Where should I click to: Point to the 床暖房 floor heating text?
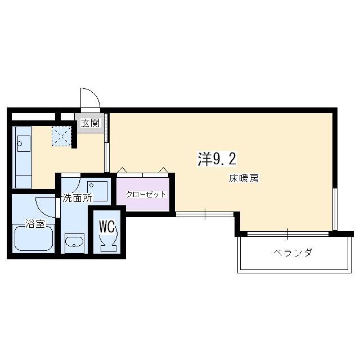coord(244,179)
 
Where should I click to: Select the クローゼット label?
coord(146,195)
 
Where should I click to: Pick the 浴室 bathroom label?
coord(35,224)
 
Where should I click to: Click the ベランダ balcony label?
coord(292,253)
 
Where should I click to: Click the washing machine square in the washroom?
coord(98,190)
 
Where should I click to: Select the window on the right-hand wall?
coord(335,209)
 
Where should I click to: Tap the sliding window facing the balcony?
coord(287,232)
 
